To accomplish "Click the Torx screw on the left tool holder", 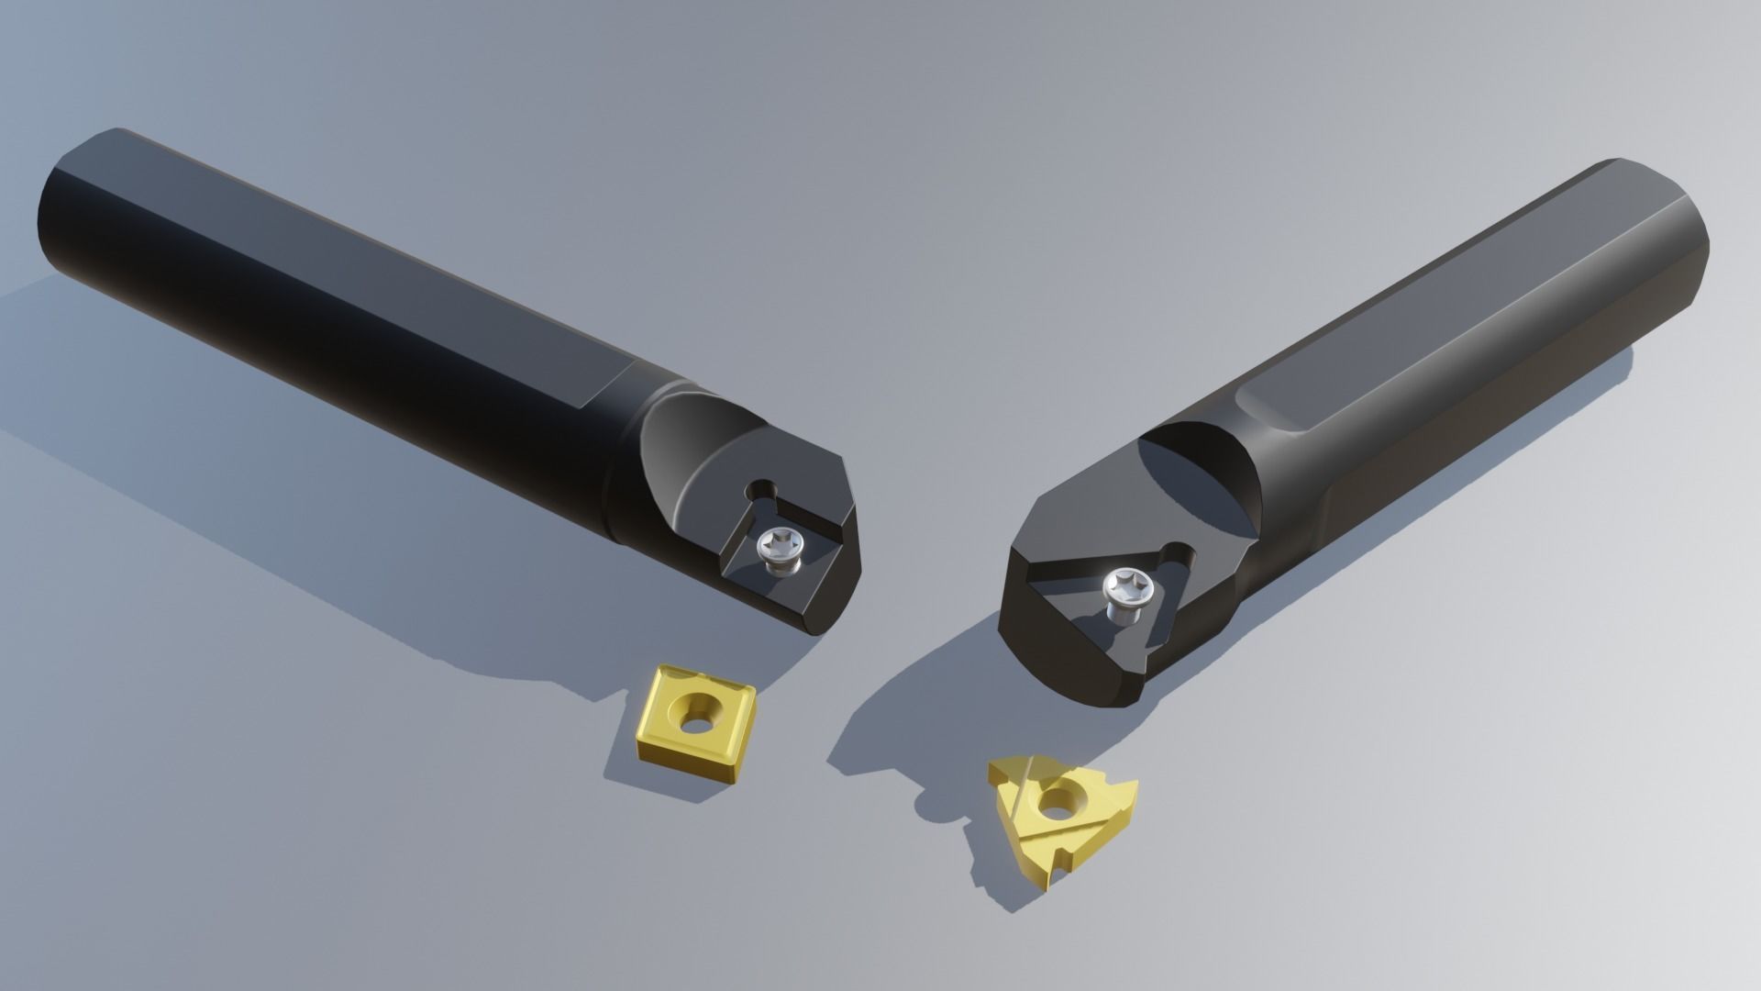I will [778, 551].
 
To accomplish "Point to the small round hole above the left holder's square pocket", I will [760, 490].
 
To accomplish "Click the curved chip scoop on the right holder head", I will [1202, 477].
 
